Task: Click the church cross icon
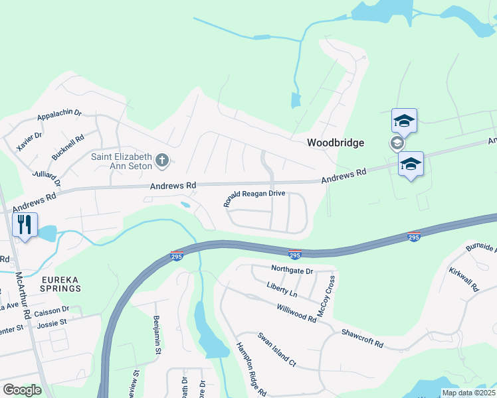point(163,160)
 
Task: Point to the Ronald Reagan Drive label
point(254,198)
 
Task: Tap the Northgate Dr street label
point(292,270)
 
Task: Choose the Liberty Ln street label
point(282,289)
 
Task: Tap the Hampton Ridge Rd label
point(250,369)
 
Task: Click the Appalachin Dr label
point(58,113)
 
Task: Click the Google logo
point(22,389)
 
